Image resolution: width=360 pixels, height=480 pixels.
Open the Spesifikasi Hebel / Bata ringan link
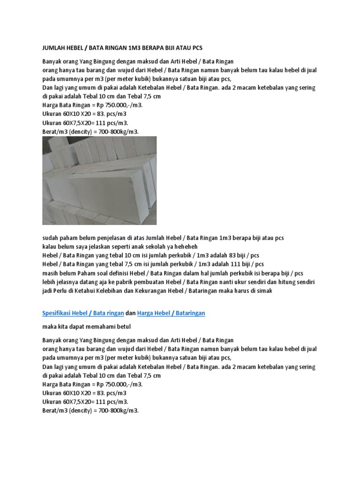tap(80, 313)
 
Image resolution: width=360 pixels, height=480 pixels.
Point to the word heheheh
tap(185, 246)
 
